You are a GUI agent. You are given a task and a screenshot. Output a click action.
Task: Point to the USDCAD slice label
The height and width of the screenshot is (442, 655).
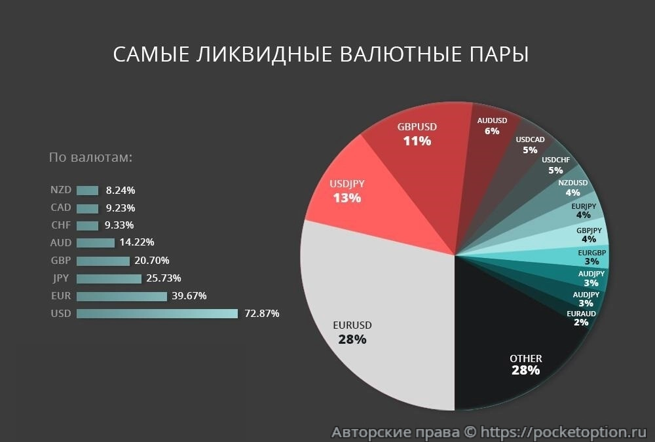[530, 145]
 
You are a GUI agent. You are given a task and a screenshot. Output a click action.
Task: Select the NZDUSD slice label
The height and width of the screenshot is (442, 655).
[573, 187]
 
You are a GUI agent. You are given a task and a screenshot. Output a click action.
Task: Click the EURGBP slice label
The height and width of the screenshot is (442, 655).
[591, 257]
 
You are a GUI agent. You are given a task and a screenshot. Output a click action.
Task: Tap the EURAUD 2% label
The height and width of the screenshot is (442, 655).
[581, 318]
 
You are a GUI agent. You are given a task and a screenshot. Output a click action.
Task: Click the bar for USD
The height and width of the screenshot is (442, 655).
[157, 314]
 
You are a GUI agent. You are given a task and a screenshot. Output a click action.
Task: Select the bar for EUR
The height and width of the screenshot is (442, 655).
[122, 296]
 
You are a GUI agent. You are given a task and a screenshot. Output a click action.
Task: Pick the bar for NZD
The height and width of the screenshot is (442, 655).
[87, 191]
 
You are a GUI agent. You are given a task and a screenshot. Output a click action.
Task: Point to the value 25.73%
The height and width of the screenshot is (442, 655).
[164, 278]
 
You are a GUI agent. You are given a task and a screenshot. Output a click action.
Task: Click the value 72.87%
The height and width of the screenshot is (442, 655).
[261, 314]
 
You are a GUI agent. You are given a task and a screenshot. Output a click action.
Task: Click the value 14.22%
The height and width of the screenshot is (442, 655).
[136, 243]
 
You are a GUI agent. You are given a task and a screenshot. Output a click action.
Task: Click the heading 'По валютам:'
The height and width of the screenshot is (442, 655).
[91, 158]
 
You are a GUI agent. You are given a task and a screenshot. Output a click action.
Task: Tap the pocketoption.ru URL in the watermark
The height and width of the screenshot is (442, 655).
[563, 432]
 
